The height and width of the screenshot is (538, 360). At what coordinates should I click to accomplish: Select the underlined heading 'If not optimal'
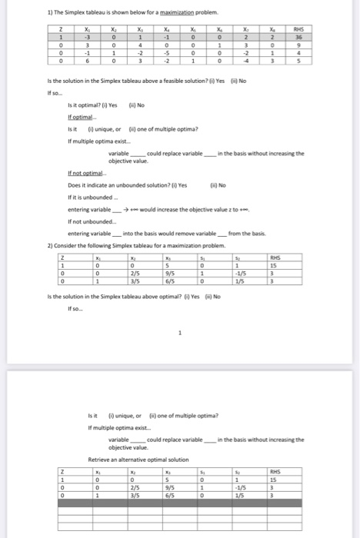click(x=85, y=174)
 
